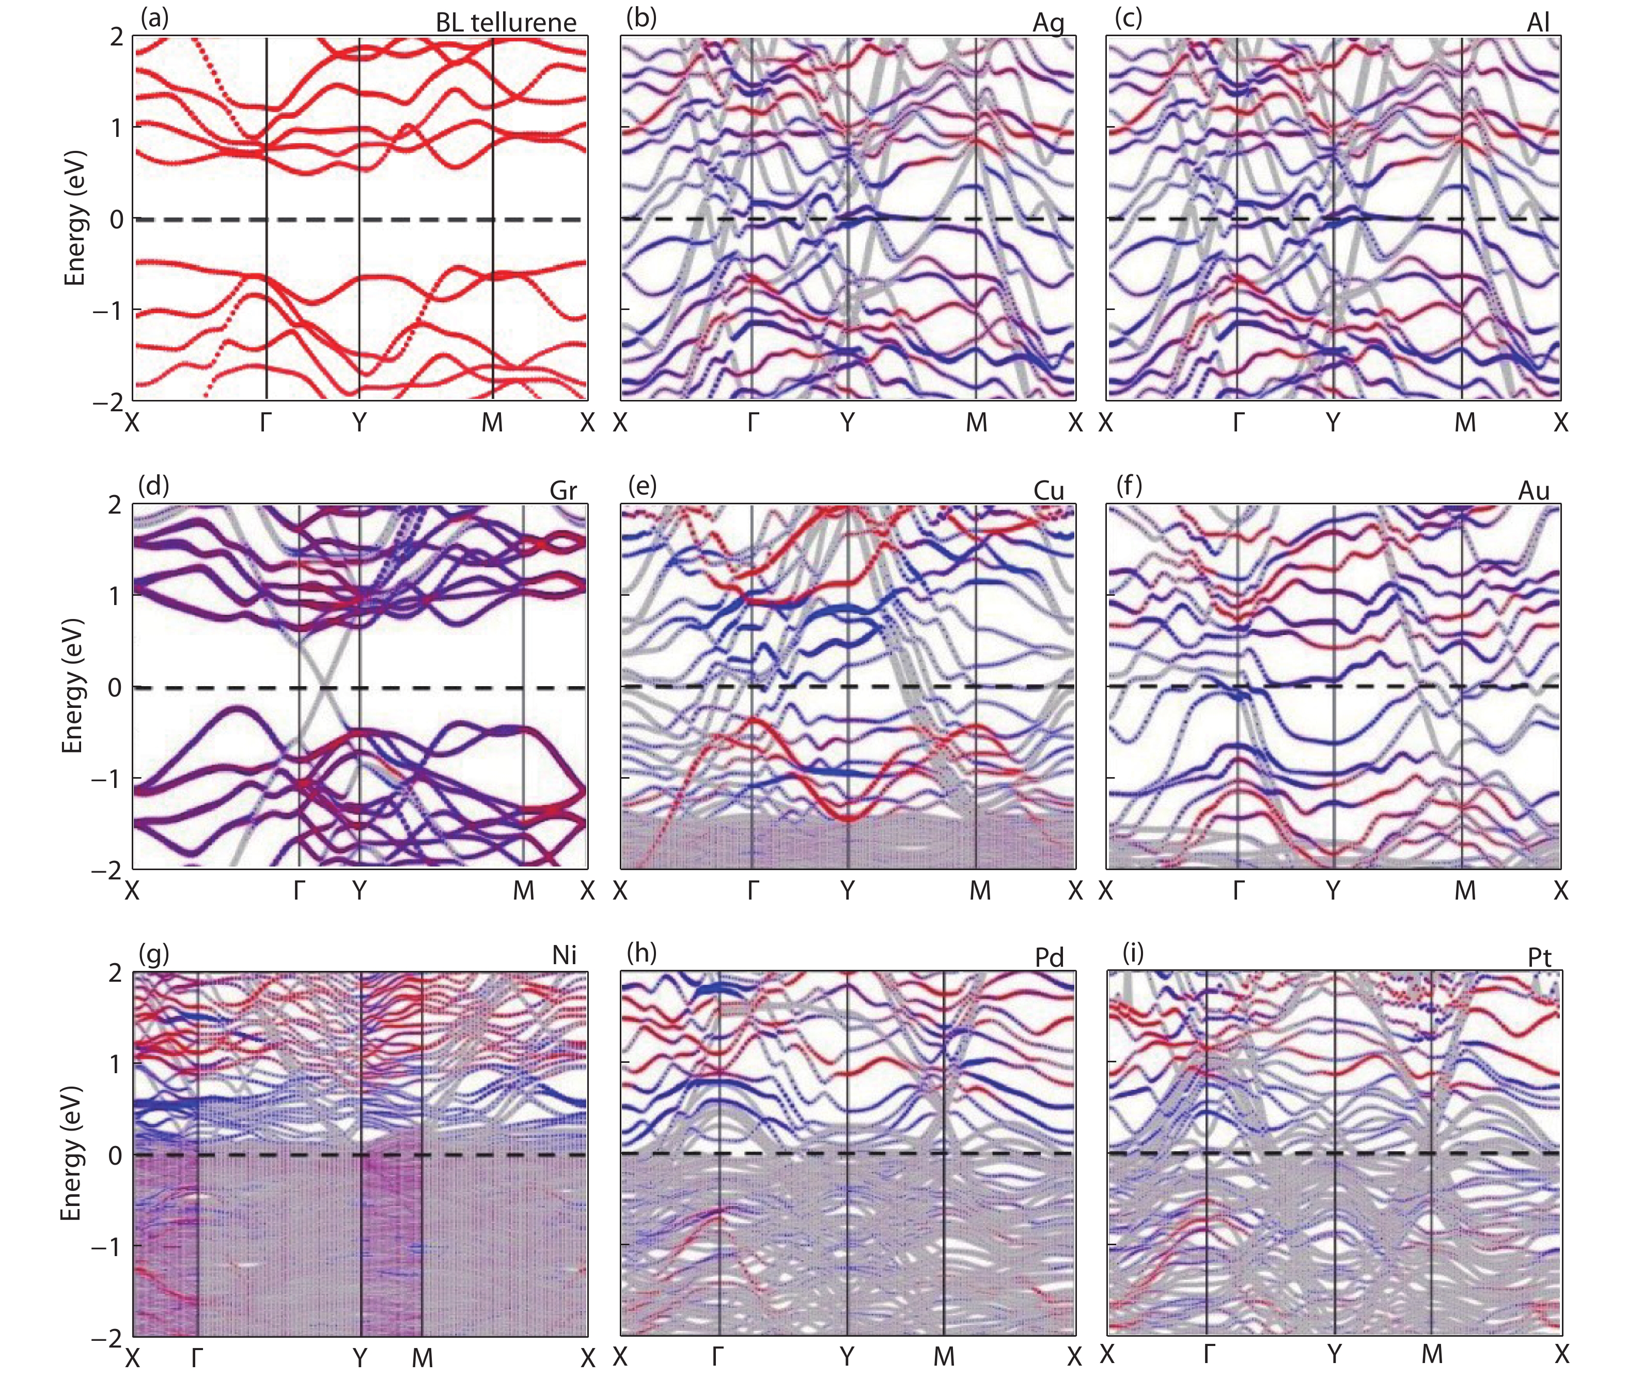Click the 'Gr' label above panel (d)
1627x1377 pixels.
coord(562,490)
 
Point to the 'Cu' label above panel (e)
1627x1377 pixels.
coord(1049,490)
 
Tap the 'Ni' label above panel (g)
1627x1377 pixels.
coord(564,955)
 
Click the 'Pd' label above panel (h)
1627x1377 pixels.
coord(1050,957)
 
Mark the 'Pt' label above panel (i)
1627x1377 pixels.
coord(1539,957)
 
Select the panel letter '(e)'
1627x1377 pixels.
coord(642,486)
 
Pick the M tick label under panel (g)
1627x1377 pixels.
coord(422,1357)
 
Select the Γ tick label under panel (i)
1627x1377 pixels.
coord(1209,1354)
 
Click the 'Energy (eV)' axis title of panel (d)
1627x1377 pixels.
coord(73,686)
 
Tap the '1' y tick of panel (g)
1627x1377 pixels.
coord(116,1064)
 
